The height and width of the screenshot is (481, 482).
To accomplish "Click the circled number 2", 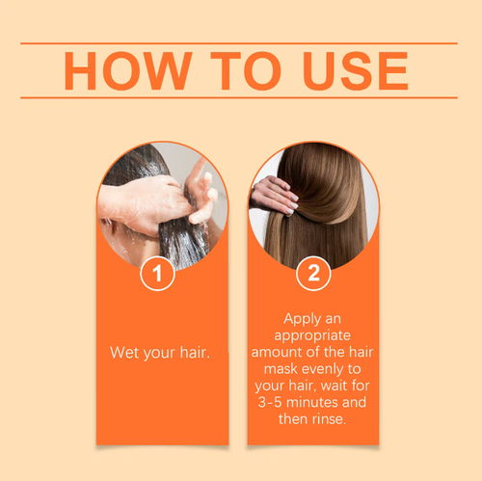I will (312, 274).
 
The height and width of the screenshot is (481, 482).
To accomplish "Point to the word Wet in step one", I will (124, 353).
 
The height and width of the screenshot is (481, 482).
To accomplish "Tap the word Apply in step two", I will (305, 317).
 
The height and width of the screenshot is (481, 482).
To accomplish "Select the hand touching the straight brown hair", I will (274, 196).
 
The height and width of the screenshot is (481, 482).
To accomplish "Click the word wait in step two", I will (340, 387).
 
